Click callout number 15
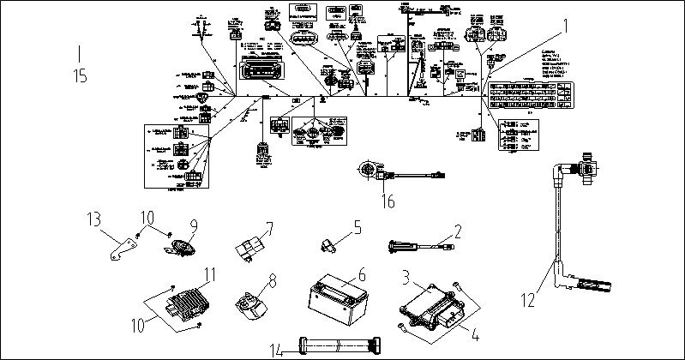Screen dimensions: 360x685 pos(81,76)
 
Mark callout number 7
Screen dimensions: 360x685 pos(268,228)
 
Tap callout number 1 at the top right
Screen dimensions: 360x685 pos(565,27)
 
